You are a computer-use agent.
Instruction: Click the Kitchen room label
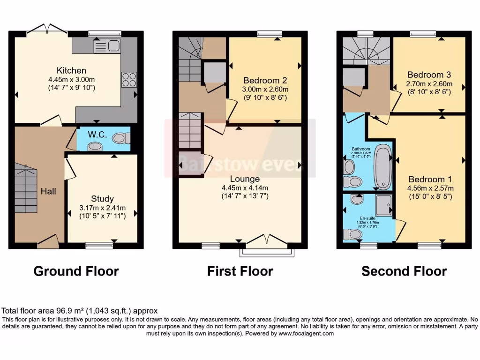click(x=71, y=70)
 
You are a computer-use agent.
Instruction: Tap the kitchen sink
click(x=107, y=46)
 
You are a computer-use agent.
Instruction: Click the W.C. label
click(x=97, y=135)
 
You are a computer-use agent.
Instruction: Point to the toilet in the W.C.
click(x=121, y=138)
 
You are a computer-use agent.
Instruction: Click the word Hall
click(x=48, y=191)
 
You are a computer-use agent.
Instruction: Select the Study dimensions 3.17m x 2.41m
click(x=102, y=208)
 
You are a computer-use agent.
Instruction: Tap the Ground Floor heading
click(x=76, y=271)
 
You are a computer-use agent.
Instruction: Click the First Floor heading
click(x=240, y=271)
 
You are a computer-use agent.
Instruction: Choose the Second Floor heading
click(x=404, y=271)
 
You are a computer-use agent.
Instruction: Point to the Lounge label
click(x=244, y=179)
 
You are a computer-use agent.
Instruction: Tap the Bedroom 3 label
click(x=429, y=75)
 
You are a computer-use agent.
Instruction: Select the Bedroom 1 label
click(x=430, y=180)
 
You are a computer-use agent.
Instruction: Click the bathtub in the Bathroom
click(x=383, y=167)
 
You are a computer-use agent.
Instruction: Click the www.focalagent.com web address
click(x=306, y=334)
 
